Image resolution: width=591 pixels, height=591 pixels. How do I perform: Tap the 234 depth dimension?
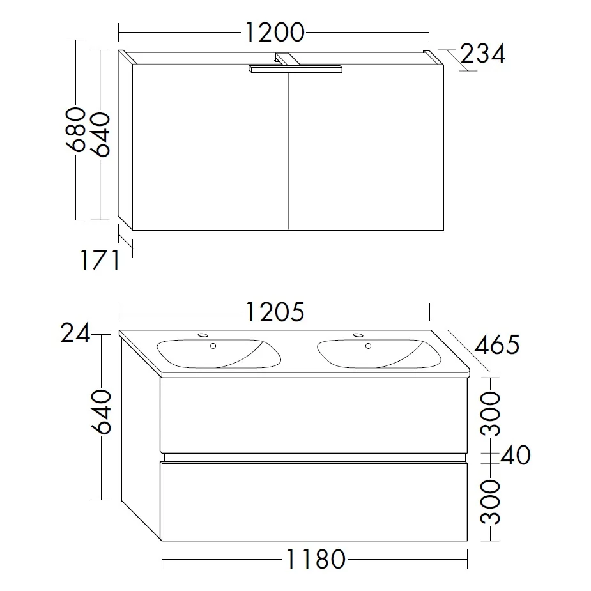pyautogui.click(x=482, y=54)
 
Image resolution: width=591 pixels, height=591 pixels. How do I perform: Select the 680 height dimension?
pyautogui.click(x=77, y=130)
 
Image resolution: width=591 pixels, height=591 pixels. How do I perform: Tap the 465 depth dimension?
pyautogui.click(x=497, y=345)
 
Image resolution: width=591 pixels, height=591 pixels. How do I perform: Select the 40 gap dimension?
pyautogui.click(x=515, y=456)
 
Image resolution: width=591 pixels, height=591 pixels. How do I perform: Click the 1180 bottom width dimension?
pyautogui.click(x=314, y=560)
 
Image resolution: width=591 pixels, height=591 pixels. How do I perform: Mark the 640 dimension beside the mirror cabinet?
pyautogui.click(x=101, y=134)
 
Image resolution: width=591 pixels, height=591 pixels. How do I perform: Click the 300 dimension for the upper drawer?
pyautogui.click(x=491, y=414)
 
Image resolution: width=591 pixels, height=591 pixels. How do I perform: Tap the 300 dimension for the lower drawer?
pyautogui.click(x=491, y=500)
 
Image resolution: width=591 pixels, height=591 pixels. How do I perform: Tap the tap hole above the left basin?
pyautogui.click(x=203, y=335)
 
